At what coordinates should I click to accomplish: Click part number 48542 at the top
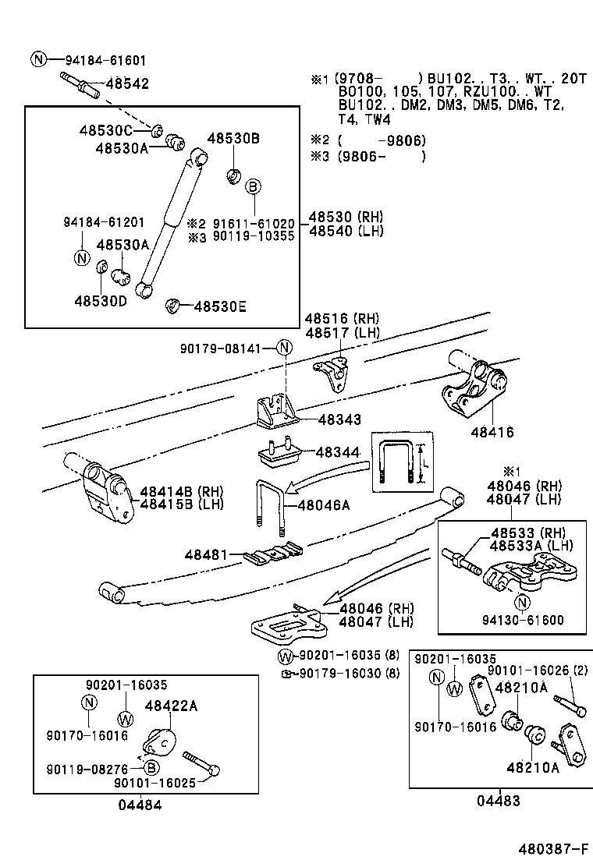click(127, 83)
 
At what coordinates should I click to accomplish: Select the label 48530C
click(105, 129)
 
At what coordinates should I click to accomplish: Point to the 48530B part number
click(233, 139)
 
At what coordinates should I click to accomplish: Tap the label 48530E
click(220, 306)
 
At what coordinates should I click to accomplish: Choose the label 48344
click(337, 451)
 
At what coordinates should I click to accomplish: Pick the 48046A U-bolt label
click(323, 504)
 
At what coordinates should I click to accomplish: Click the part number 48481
click(205, 554)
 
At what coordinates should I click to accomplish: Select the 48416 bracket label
click(492, 432)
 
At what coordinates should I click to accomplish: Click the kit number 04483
click(500, 800)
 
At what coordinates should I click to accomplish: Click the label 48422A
click(171, 706)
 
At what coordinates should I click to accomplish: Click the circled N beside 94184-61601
click(39, 59)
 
